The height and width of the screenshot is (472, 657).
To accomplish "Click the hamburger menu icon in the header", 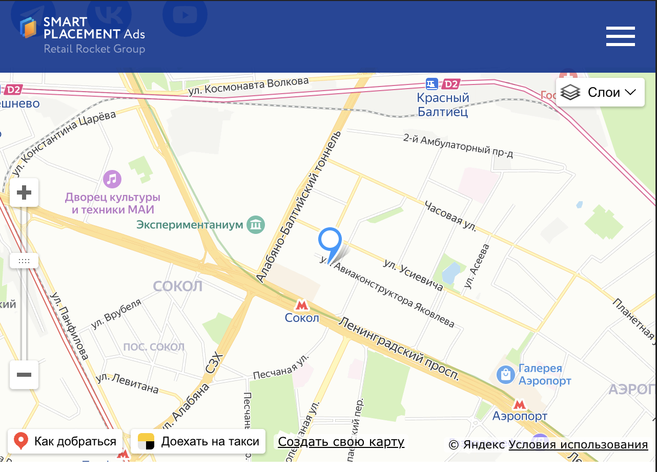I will pos(620,36).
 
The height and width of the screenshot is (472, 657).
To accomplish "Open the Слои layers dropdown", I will pos(600,92).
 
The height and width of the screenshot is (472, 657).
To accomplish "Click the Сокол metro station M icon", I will pos(302,305).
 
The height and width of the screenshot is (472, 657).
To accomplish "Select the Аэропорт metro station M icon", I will pos(520,404).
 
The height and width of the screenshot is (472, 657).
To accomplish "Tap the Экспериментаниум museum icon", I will pos(255,224).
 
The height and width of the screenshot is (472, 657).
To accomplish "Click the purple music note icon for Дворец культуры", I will pos(112,179).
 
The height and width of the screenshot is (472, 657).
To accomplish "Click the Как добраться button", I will pos(65,441).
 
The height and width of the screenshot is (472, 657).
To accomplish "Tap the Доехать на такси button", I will pos(198,441).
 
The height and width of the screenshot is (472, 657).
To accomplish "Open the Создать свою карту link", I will pos(341,442).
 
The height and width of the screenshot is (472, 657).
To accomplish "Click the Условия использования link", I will pos(578,445).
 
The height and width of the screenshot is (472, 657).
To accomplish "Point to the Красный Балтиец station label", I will pos(443,104).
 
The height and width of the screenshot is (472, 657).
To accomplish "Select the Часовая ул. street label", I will pos(450,216).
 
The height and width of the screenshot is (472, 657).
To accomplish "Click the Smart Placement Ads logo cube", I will pos(29,28).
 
